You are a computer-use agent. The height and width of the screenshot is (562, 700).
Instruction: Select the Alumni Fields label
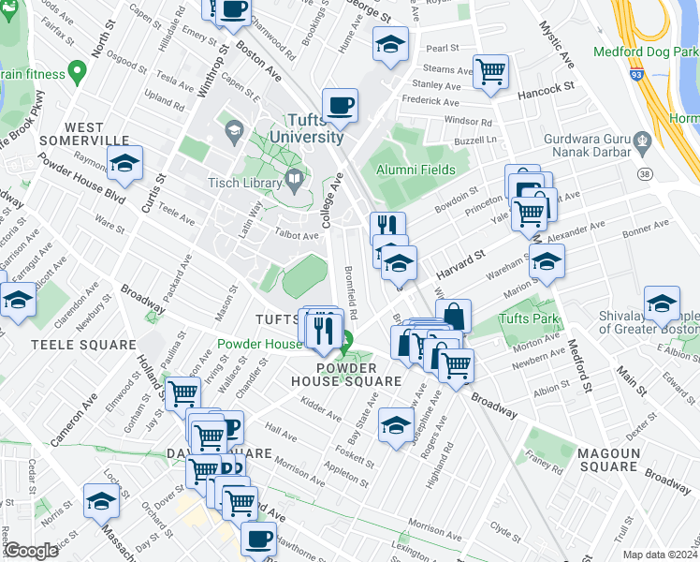tap(416, 170)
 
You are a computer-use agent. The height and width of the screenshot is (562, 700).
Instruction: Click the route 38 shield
tap(644, 174)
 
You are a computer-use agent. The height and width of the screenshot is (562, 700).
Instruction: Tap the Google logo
tap(31, 551)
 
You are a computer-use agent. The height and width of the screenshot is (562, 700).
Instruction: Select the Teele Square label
tap(70, 345)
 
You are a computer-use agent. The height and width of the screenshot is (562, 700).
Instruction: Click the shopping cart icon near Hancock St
tap(490, 70)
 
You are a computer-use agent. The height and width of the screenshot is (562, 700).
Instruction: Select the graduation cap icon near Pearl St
tap(390, 42)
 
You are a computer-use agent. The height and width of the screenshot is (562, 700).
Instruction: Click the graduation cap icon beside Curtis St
tap(124, 163)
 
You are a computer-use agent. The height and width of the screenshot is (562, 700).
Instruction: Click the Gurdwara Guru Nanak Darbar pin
tap(641, 144)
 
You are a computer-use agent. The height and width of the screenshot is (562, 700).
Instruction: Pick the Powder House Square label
tap(358, 375)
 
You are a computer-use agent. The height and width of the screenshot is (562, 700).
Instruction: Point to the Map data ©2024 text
tap(661, 555)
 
